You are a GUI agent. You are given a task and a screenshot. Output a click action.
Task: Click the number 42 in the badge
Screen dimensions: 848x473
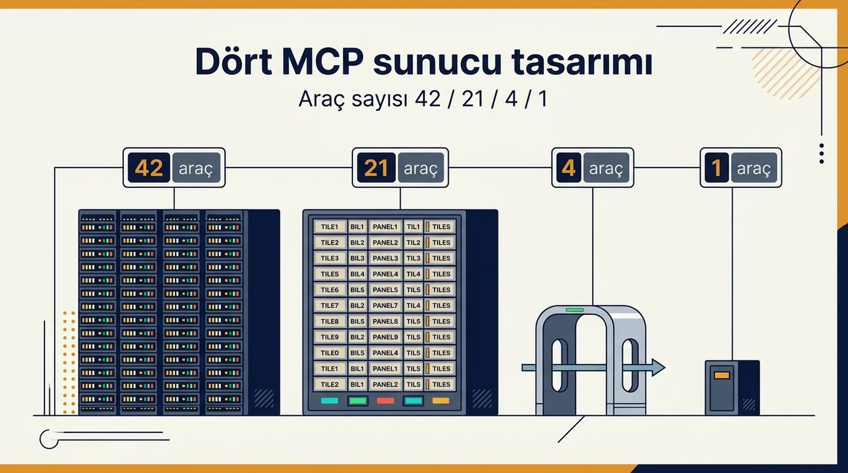tap(149, 168)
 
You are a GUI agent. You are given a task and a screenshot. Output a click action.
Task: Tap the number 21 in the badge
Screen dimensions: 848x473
tap(376, 168)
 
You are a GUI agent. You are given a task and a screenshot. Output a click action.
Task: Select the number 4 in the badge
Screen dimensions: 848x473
tap(568, 168)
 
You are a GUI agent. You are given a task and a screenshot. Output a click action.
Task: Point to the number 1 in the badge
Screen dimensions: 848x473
tap(717, 168)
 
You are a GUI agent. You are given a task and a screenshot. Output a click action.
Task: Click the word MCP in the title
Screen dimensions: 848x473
tap(322, 61)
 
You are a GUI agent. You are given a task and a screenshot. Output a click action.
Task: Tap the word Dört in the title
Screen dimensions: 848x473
tap(233, 61)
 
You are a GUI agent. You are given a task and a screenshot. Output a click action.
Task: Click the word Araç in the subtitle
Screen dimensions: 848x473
tap(322, 99)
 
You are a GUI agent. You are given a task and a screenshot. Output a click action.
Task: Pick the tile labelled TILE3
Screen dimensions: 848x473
tap(330, 258)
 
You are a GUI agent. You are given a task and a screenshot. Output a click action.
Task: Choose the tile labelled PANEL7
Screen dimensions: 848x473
tap(385, 305)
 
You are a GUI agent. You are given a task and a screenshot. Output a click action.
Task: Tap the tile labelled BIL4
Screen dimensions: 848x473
tap(357, 274)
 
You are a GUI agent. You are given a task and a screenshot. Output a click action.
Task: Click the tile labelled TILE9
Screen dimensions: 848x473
tap(330, 337)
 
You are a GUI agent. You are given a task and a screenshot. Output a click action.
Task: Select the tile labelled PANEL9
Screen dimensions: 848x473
tap(385, 337)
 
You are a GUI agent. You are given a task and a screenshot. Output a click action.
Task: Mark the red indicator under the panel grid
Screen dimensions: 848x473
tap(385, 401)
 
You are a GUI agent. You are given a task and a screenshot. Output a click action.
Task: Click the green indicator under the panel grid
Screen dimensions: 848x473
tap(358, 401)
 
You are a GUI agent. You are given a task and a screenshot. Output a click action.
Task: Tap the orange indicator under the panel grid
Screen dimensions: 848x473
tap(441, 401)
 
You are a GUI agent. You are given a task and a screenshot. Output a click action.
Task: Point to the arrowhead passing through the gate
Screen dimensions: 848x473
tap(658, 368)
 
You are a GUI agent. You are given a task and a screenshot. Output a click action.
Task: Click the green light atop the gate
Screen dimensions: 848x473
tap(575, 310)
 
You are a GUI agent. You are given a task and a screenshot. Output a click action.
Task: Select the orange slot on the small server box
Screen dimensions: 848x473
tap(722, 375)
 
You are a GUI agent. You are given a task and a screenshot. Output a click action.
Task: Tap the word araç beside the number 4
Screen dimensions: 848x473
tap(606, 169)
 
